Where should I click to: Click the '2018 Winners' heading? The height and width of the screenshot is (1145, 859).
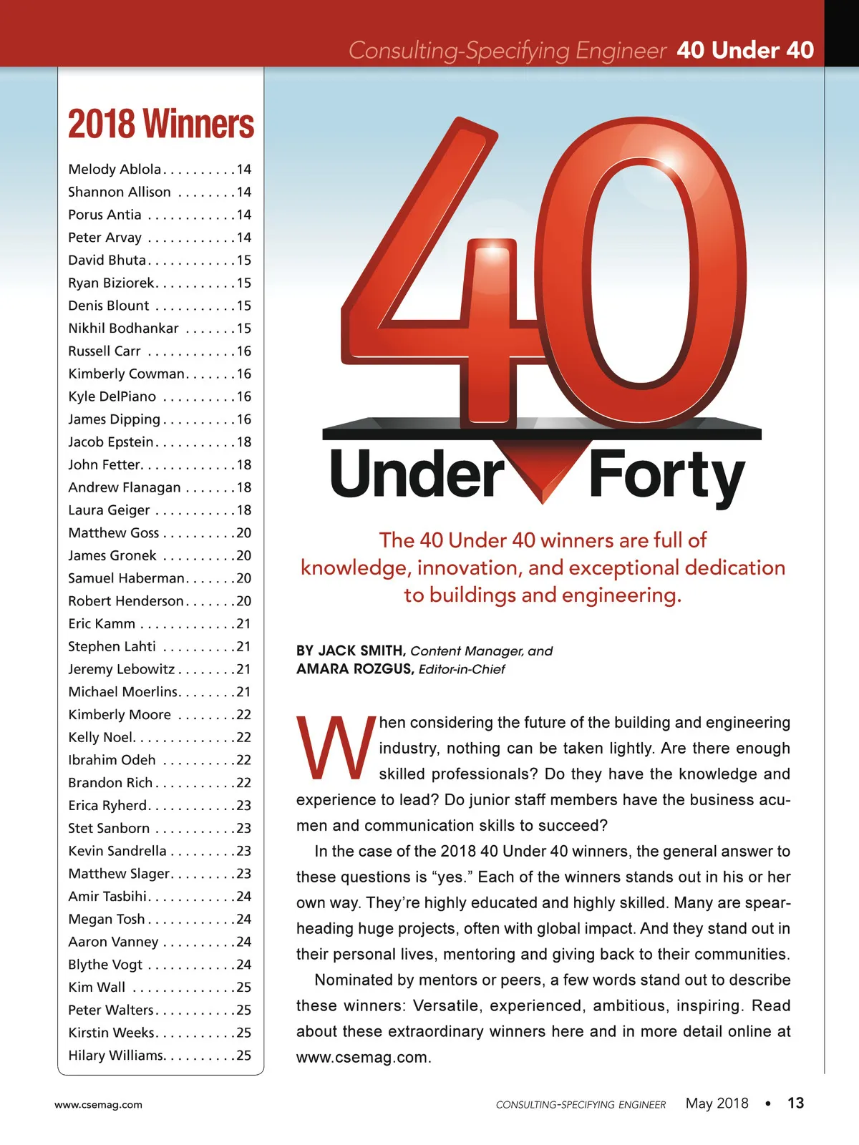(x=161, y=125)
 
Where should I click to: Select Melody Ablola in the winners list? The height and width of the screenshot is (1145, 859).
(x=115, y=170)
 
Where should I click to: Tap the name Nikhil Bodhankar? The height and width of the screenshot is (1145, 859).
(x=123, y=328)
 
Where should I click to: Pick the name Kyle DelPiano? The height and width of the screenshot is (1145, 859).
(x=112, y=396)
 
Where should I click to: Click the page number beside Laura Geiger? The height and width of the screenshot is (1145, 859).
(x=244, y=510)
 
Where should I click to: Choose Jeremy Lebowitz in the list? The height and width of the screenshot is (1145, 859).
(x=121, y=669)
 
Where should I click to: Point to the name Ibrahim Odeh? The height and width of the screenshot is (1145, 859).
(x=112, y=760)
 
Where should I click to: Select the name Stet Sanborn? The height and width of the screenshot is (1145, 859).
(x=109, y=828)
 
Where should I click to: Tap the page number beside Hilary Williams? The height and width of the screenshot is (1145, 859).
(x=244, y=1056)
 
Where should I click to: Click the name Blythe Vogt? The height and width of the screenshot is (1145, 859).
(x=105, y=965)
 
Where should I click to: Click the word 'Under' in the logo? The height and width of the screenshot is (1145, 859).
(x=417, y=474)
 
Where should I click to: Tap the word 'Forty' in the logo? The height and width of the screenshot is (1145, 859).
(x=666, y=476)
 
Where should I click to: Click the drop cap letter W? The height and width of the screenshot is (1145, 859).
(x=335, y=748)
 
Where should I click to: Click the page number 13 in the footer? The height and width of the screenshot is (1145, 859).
(x=795, y=1103)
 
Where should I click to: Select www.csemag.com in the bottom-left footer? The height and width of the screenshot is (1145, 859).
(x=98, y=1105)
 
